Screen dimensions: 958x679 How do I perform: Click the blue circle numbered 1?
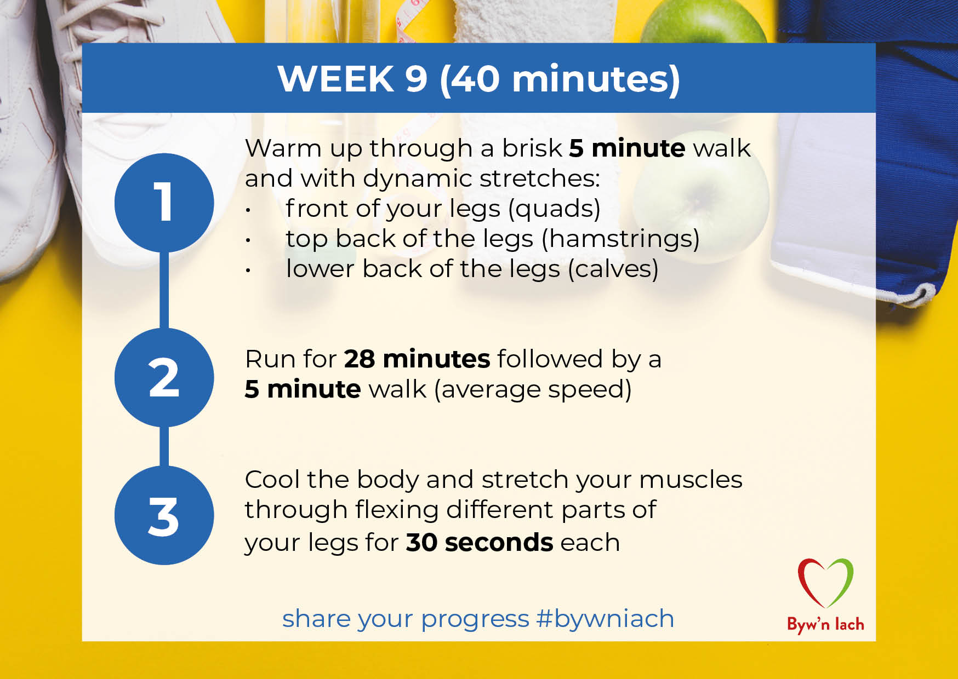point(164,203)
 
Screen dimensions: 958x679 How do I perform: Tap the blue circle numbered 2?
point(164,377)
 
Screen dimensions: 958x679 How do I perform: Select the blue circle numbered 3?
point(164,515)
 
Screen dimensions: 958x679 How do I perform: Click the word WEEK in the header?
point(336,79)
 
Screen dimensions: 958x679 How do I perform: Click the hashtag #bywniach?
point(605,619)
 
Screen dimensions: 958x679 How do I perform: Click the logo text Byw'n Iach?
point(825,624)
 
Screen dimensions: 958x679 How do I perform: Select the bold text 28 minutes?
point(417,359)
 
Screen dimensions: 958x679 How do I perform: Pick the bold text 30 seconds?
point(480,543)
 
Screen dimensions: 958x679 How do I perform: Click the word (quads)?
point(555,209)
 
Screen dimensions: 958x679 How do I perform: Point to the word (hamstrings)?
point(621,239)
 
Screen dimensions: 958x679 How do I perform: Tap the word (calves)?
point(613,269)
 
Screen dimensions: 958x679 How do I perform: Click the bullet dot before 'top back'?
point(248,240)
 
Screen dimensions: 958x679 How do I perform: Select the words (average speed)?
point(533,390)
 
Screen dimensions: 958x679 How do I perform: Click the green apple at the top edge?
point(704,22)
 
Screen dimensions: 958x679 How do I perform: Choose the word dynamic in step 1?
point(418,179)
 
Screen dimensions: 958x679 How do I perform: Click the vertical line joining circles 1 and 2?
point(164,290)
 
